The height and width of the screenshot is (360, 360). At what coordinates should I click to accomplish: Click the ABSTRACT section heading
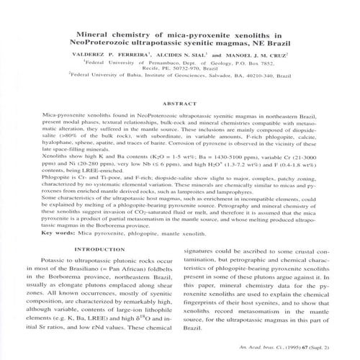tap(179, 104)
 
